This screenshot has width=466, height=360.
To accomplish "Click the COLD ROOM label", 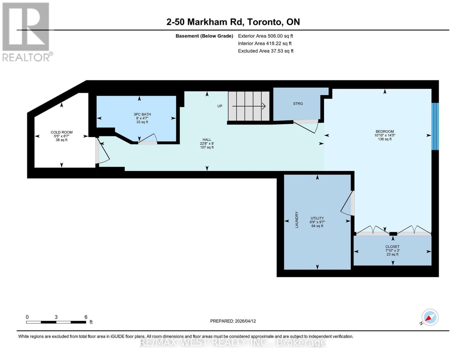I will point(62,132).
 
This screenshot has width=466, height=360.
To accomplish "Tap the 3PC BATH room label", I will point(142,114).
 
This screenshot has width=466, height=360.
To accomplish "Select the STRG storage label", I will point(298,103).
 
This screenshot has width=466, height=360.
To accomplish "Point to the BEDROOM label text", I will point(385,131).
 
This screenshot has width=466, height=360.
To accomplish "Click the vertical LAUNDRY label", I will point(297,220).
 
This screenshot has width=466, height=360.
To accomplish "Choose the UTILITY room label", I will point(317,218).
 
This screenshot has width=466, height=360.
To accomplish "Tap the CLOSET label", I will point(392,247).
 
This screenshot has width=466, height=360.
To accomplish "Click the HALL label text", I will point(207,140).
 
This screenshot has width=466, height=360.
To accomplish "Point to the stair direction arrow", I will point(249,106).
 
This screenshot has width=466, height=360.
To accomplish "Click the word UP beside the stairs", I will point(220,106).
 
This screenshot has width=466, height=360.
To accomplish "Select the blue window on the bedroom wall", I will point(435,126).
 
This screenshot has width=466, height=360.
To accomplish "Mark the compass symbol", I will point(430,317).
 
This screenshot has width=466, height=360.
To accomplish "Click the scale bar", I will point(56,322).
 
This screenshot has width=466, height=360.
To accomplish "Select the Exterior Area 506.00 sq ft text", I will point(265,36).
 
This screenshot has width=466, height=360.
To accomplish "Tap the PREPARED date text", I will point(233,321).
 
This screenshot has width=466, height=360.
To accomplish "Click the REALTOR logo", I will point(26,32).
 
